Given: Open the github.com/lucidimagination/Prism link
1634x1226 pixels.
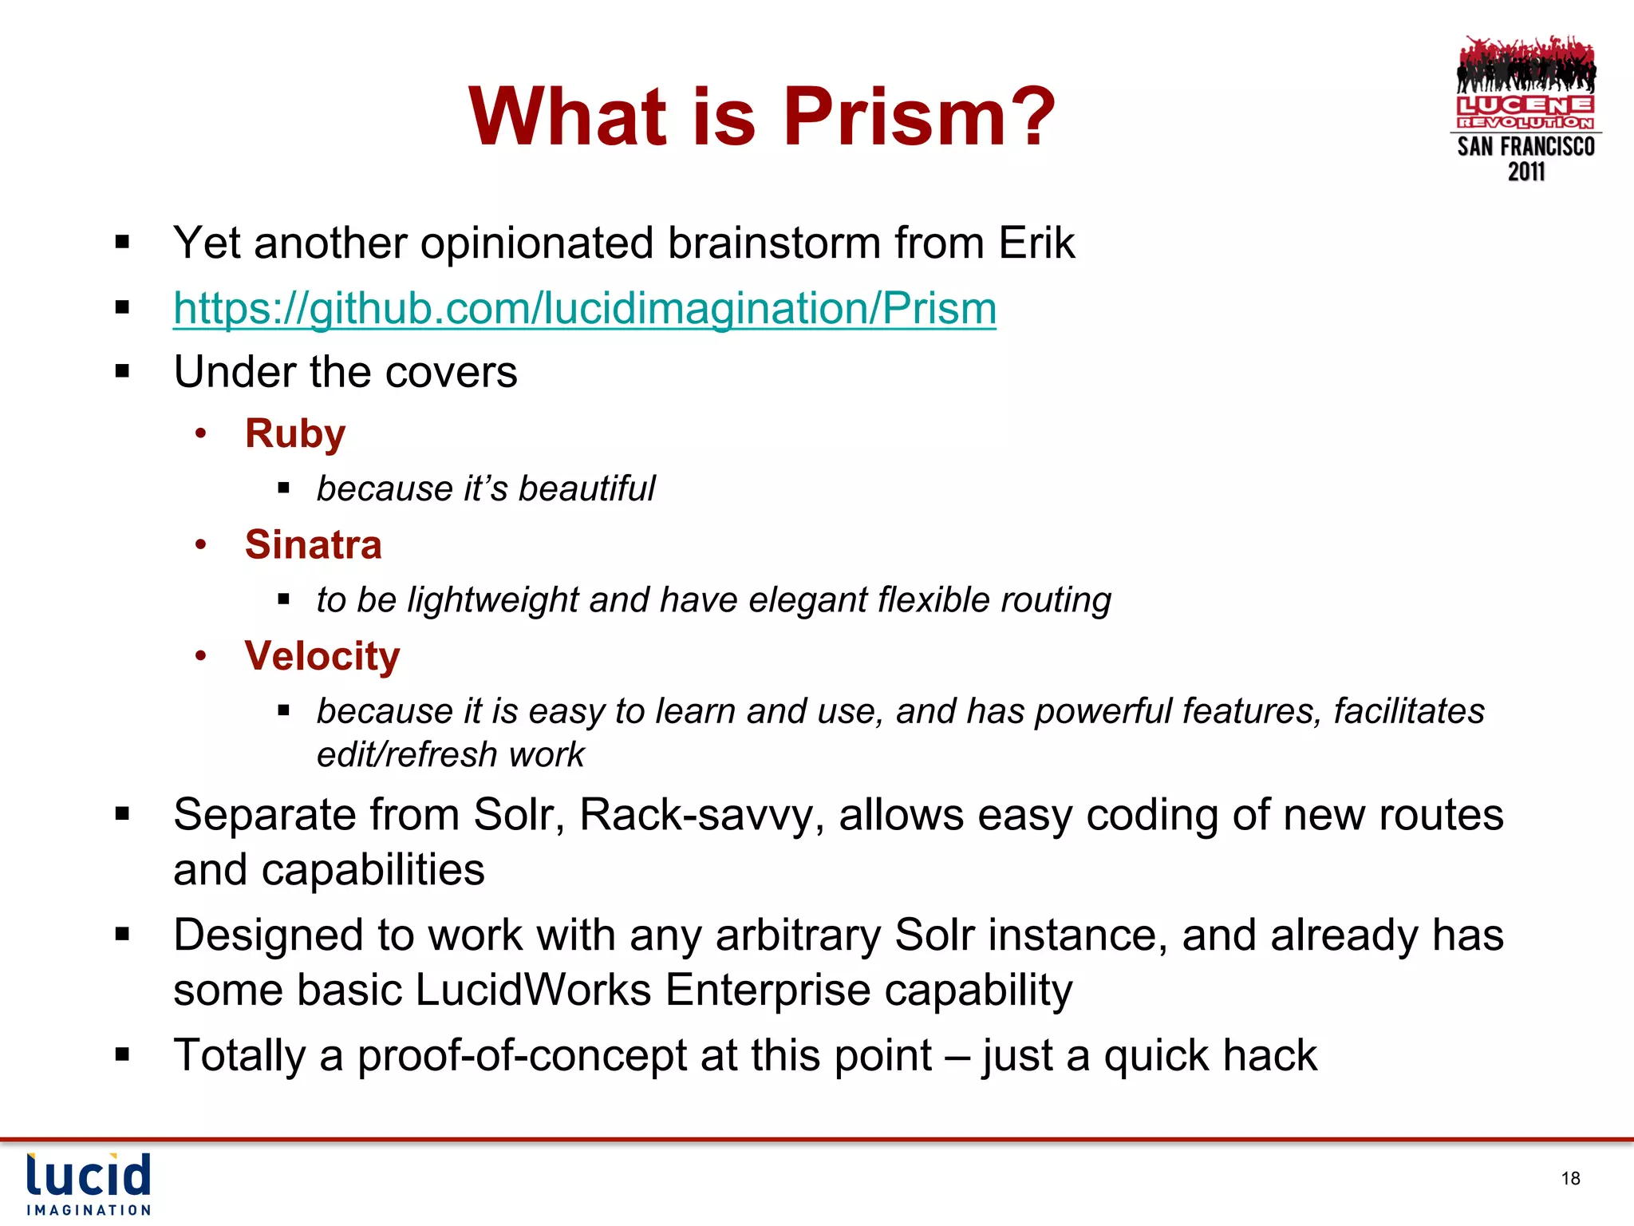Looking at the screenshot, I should tap(584, 308).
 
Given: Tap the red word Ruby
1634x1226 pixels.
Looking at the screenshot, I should tap(294, 434).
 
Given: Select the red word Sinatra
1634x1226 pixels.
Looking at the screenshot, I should tap(313, 545).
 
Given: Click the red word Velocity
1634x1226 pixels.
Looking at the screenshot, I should tap(322, 656).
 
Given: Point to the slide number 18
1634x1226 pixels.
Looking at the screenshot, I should tap(1570, 1178).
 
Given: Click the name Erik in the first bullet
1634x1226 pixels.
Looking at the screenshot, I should tap(1036, 243).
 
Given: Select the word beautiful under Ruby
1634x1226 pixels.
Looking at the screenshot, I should tap(586, 488).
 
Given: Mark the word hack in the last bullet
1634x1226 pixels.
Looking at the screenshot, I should tap(1269, 1055).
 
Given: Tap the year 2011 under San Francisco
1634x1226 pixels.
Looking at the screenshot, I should tap(1525, 172).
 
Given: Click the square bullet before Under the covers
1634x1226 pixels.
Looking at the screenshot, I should tap(122, 371).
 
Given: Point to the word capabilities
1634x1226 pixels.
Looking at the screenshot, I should tap(373, 869).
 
